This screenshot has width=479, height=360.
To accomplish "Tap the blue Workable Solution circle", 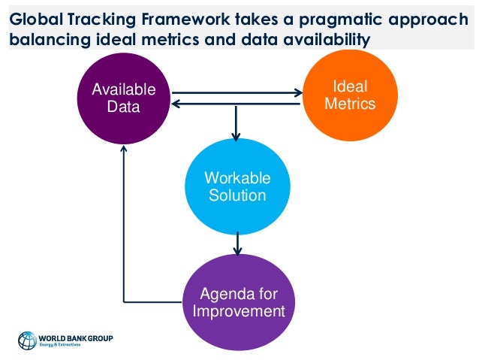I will tap(237, 186).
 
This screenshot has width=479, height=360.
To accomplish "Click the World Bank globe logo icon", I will tap(27, 340).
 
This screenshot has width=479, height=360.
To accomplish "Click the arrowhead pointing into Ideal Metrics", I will tap(298, 93).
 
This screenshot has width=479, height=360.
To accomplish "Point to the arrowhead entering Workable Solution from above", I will tap(236, 136).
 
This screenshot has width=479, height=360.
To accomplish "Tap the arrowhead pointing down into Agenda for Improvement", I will tap(237, 252).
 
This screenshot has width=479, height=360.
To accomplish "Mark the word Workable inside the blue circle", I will tap(237, 179).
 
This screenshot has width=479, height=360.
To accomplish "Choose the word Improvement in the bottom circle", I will tap(238, 310).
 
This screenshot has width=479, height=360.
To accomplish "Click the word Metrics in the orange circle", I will tap(350, 104).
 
